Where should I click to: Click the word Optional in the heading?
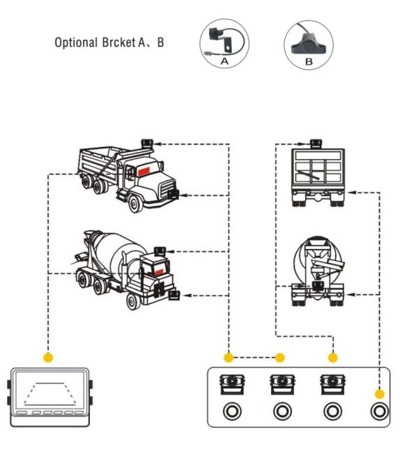76,43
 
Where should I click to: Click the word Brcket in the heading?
118,43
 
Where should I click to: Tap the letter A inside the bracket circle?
224,61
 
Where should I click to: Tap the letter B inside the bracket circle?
309,62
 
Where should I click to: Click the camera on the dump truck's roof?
147,143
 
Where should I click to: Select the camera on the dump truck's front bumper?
173,194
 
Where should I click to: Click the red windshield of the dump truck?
144,171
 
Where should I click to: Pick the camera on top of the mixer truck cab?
160,251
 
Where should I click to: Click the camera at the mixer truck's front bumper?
173,295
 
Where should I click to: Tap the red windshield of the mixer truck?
159,272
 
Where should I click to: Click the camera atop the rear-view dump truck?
316,143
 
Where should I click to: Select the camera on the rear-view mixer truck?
318,286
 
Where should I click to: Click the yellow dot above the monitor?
48,357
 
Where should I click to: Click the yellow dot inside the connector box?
380,394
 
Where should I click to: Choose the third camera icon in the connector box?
332,384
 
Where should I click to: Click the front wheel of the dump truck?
136,204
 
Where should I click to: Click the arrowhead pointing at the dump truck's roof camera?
158,144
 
